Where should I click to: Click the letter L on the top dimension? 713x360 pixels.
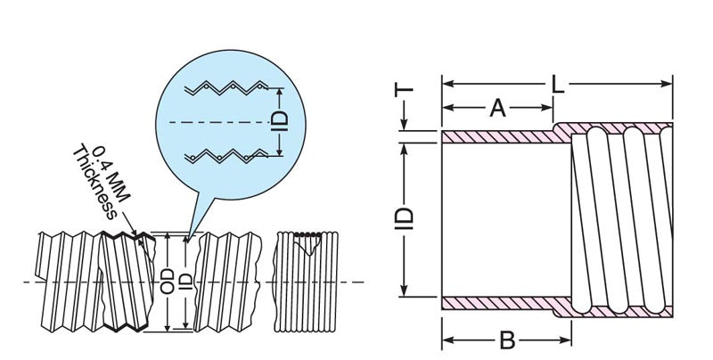pos(558,84)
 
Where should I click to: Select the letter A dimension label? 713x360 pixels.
pos(497,108)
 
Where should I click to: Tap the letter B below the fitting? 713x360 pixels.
pos(507,340)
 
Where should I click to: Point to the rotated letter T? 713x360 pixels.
pos(404,90)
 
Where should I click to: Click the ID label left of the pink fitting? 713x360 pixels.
pos(404,218)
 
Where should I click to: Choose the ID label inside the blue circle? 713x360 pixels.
pos(279,121)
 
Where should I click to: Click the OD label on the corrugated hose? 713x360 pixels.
pos(168,281)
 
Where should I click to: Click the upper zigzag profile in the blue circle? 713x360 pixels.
pos(226,87)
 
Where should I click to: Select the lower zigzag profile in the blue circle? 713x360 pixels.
pos(226,156)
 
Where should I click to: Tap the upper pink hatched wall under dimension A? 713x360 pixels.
pos(498,137)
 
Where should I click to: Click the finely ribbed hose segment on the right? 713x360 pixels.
pos(306,282)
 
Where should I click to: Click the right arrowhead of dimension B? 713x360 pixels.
pos(566,340)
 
